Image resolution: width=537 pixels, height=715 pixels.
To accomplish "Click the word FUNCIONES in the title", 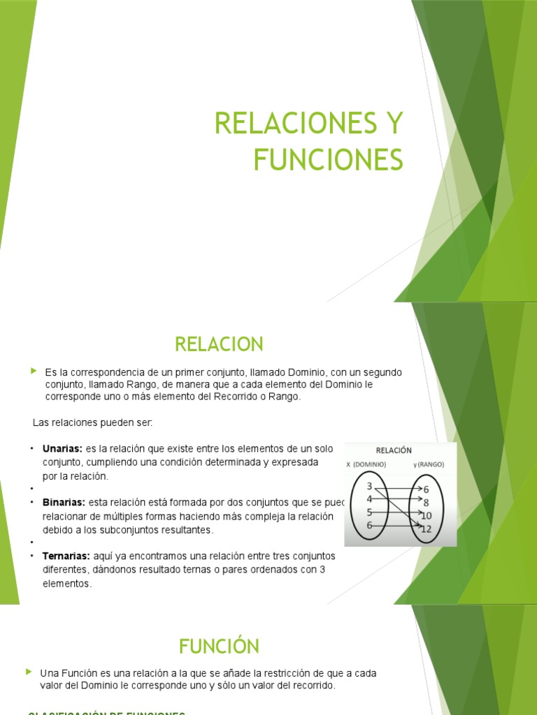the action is tap(328, 159).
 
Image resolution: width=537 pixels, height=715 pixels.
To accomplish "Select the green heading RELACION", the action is tap(218, 344).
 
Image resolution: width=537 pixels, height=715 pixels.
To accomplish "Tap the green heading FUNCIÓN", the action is tap(218, 646).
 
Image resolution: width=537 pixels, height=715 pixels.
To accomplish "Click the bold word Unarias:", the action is tap(63, 448).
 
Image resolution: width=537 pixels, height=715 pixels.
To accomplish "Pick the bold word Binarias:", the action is tap(64, 502).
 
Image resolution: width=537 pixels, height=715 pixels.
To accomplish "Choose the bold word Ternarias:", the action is tap(66, 556).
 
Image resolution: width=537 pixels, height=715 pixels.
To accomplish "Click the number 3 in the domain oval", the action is tap(369, 485).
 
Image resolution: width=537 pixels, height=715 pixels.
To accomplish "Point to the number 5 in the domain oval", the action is tap(369, 512).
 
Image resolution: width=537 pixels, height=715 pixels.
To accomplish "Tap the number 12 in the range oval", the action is tap(426, 529).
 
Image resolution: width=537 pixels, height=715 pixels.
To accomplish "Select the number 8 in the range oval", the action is tap(425, 503).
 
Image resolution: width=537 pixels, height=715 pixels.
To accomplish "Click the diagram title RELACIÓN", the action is tap(394, 450).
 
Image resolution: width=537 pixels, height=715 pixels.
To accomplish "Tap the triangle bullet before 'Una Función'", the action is tap(29, 672).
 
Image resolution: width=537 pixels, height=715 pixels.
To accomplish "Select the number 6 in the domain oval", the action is tap(369, 525).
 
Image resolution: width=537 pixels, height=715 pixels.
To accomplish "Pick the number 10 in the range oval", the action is tap(426, 515).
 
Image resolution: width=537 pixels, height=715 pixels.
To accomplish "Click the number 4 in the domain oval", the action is tap(369, 499).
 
